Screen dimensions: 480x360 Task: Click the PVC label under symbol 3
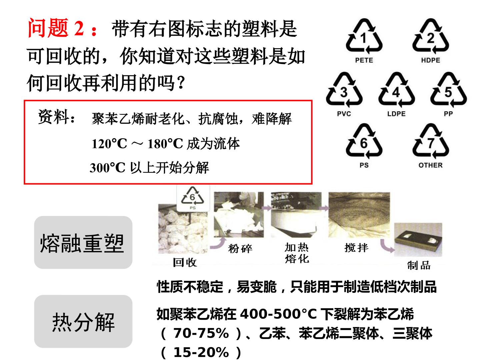click(x=344, y=114)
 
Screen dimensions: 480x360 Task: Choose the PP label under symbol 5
click(x=448, y=114)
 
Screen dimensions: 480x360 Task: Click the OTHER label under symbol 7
click(x=430, y=165)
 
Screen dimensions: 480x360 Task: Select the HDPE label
click(x=430, y=60)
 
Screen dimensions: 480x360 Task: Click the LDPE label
click(x=396, y=114)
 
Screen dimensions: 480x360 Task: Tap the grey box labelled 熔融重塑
click(x=83, y=242)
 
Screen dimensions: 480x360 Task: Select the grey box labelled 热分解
click(x=83, y=321)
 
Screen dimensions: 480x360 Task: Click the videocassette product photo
click(x=418, y=240)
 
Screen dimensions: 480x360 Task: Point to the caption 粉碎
click(x=240, y=249)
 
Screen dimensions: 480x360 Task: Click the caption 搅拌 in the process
click(x=356, y=248)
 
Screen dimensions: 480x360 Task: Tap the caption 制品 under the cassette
click(x=419, y=265)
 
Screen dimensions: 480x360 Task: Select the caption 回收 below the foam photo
click(x=185, y=262)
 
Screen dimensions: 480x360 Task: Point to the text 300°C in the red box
click(x=107, y=168)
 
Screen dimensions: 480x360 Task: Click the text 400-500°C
click(x=278, y=314)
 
